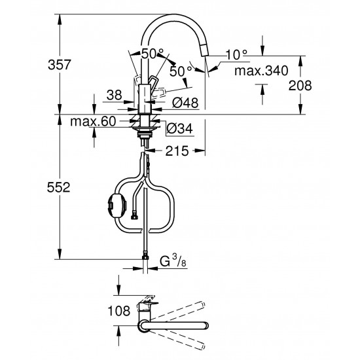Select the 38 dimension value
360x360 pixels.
pos(115,95)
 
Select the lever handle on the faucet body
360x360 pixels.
pos(155,81)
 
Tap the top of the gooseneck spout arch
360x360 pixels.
pos(175,19)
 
